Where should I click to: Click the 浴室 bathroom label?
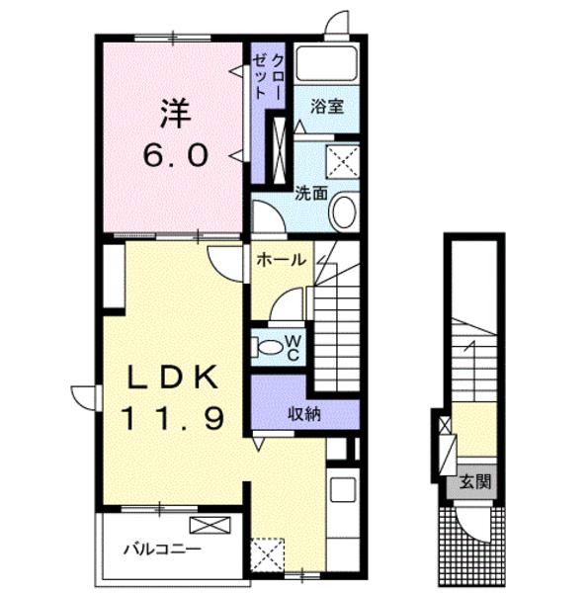pyautogui.click(x=327, y=107)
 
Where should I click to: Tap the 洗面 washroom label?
pyautogui.click(x=311, y=194)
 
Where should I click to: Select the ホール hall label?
pyautogui.click(x=281, y=260)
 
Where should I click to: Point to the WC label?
pyautogui.click(x=294, y=348)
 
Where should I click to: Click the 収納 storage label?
pyautogui.click(x=304, y=414)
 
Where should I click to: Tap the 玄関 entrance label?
pyautogui.click(x=475, y=482)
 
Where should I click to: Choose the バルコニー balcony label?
pyautogui.click(x=162, y=549)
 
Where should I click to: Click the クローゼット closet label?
pyautogui.click(x=268, y=77)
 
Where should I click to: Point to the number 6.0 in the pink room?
pyautogui.click(x=176, y=156)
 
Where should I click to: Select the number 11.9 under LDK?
pyautogui.click(x=172, y=417)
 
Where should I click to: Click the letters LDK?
pyautogui.click(x=174, y=378)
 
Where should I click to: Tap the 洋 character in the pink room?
pyautogui.click(x=176, y=114)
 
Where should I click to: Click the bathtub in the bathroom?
pyautogui.click(x=326, y=64)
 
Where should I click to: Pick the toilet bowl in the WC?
pyautogui.click(x=269, y=347)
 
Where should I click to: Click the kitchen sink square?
pyautogui.click(x=343, y=490)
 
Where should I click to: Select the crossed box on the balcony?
pyautogui.click(x=210, y=525)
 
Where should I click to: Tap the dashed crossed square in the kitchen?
pyautogui.click(x=268, y=554)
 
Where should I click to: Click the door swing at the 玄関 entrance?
pyautogui.click(x=473, y=525)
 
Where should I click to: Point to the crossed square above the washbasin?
pyautogui.click(x=343, y=161)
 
